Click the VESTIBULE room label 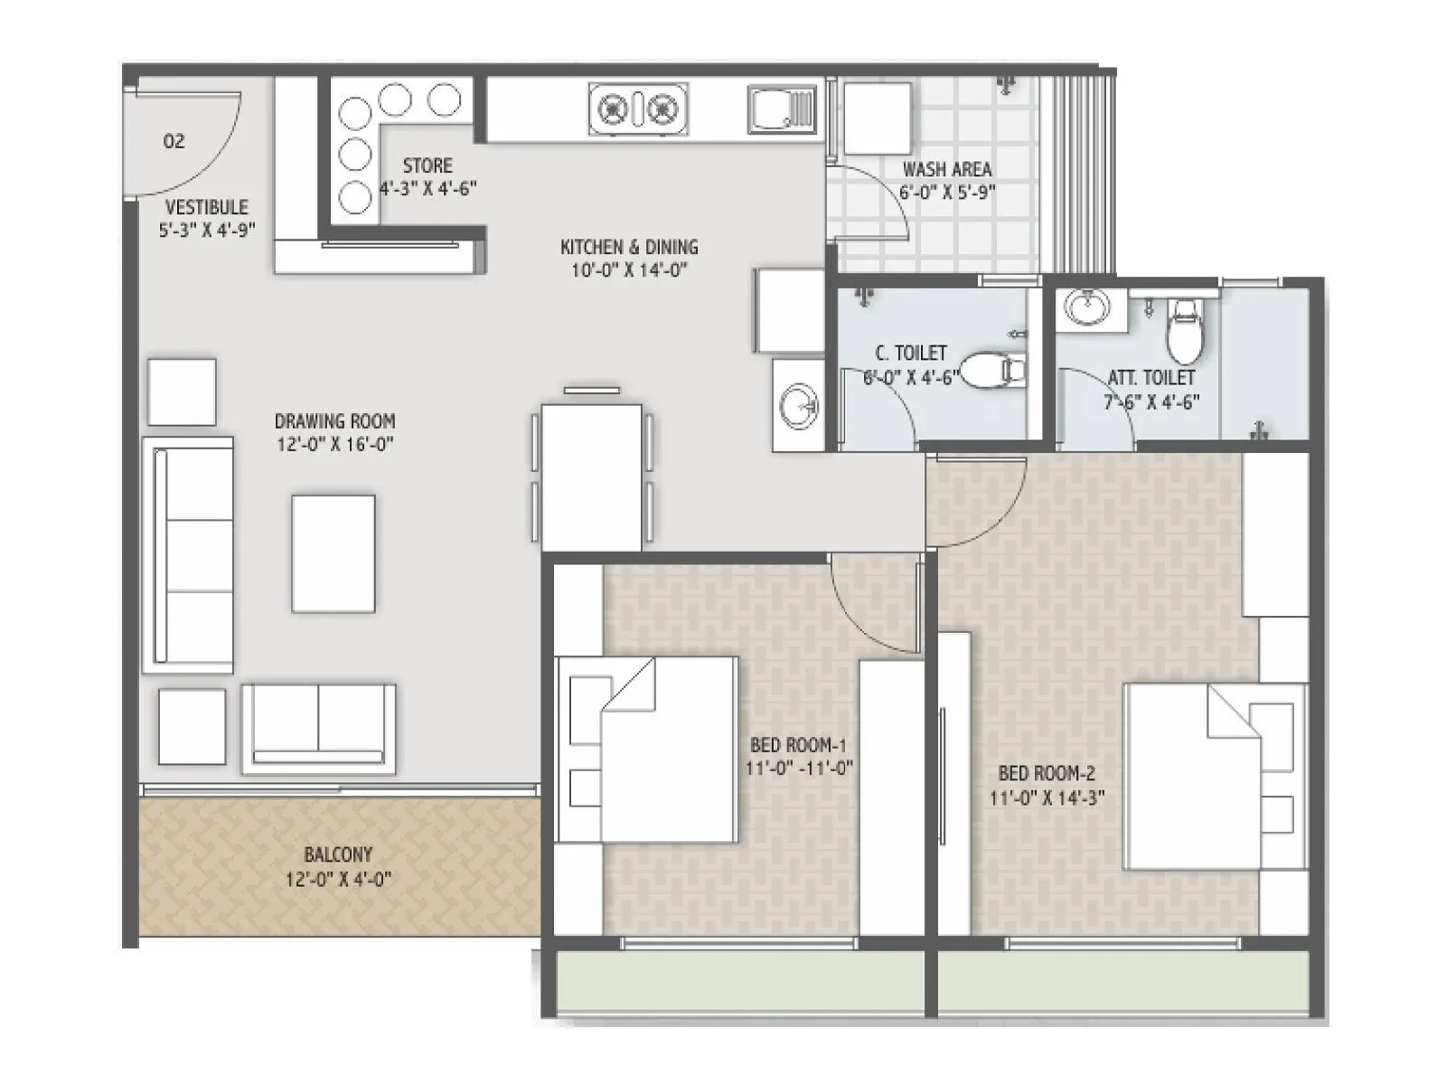(x=206, y=207)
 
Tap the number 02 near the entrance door (x=174, y=141)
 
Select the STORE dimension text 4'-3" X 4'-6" (x=427, y=189)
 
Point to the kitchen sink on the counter (x=782, y=109)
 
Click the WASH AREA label (x=946, y=169)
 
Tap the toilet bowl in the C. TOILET (x=991, y=369)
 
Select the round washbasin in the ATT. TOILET (x=1087, y=307)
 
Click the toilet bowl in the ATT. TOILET (x=1185, y=333)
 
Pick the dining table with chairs (x=592, y=475)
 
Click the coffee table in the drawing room (x=333, y=553)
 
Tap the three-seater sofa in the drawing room (x=188, y=554)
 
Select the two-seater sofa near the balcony (x=318, y=729)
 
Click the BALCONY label (x=338, y=854)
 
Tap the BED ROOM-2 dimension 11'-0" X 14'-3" (x=1047, y=797)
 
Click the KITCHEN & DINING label (x=629, y=247)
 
